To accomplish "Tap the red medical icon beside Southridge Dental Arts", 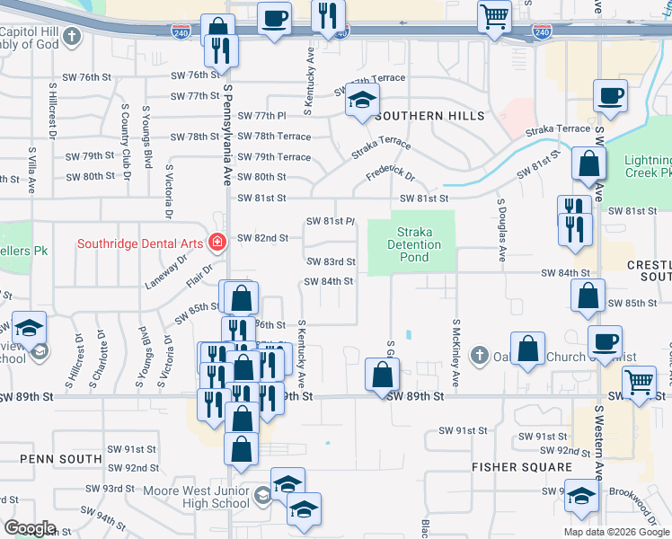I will point(216,243).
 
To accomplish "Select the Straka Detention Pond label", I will point(414,244).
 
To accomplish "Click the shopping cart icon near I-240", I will point(493,17).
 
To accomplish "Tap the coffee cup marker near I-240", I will point(274,17).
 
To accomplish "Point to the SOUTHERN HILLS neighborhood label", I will point(429,117).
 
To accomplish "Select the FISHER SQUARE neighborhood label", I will point(522,467).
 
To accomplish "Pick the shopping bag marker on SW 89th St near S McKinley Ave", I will point(382,375).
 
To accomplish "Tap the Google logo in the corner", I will point(31,528).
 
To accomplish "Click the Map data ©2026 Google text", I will point(615,532).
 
